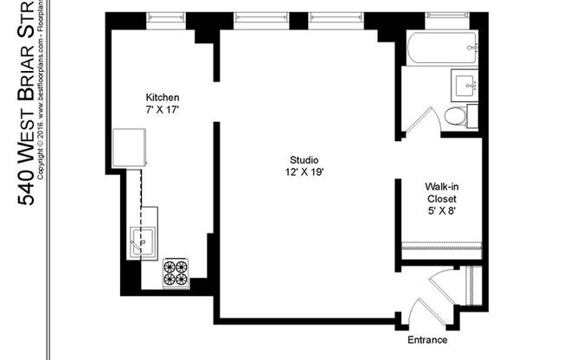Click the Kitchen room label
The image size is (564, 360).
(x=162, y=97)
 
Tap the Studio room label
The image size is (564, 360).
(x=304, y=159)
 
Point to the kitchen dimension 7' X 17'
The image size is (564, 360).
(x=162, y=110)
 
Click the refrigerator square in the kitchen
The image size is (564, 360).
(x=130, y=148)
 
